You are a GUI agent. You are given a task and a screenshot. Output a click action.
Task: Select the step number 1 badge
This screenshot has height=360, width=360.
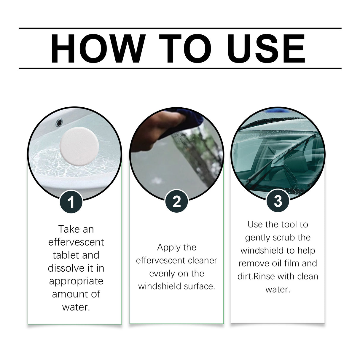(71, 202)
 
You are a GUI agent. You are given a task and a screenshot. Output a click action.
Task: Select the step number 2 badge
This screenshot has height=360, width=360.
(177, 201)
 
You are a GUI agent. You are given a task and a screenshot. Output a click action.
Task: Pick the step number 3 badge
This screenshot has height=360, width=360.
(278, 201)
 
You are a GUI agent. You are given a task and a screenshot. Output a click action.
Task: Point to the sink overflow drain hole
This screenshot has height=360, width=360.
(59, 122)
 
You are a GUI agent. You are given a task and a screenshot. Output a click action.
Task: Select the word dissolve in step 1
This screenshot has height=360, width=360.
(63, 268)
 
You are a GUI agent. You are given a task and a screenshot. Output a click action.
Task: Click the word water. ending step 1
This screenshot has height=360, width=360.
(76, 307)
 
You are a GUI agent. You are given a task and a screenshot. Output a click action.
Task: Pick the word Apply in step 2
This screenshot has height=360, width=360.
(167, 247)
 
